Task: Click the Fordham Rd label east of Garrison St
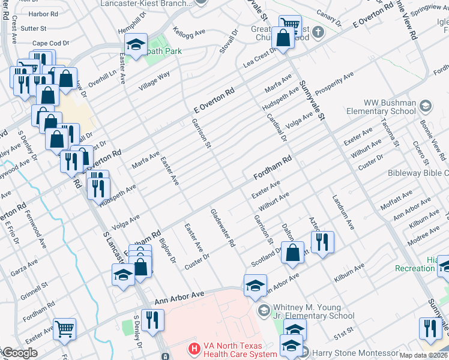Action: point(272,167)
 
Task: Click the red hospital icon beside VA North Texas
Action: point(193,348)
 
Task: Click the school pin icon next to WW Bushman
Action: point(426,106)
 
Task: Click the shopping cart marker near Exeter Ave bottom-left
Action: point(65,328)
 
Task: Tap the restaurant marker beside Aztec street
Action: point(322,241)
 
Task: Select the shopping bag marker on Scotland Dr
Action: point(292,252)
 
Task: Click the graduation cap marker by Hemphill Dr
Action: point(136,43)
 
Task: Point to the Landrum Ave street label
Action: point(342,213)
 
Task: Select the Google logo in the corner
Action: point(20,353)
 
